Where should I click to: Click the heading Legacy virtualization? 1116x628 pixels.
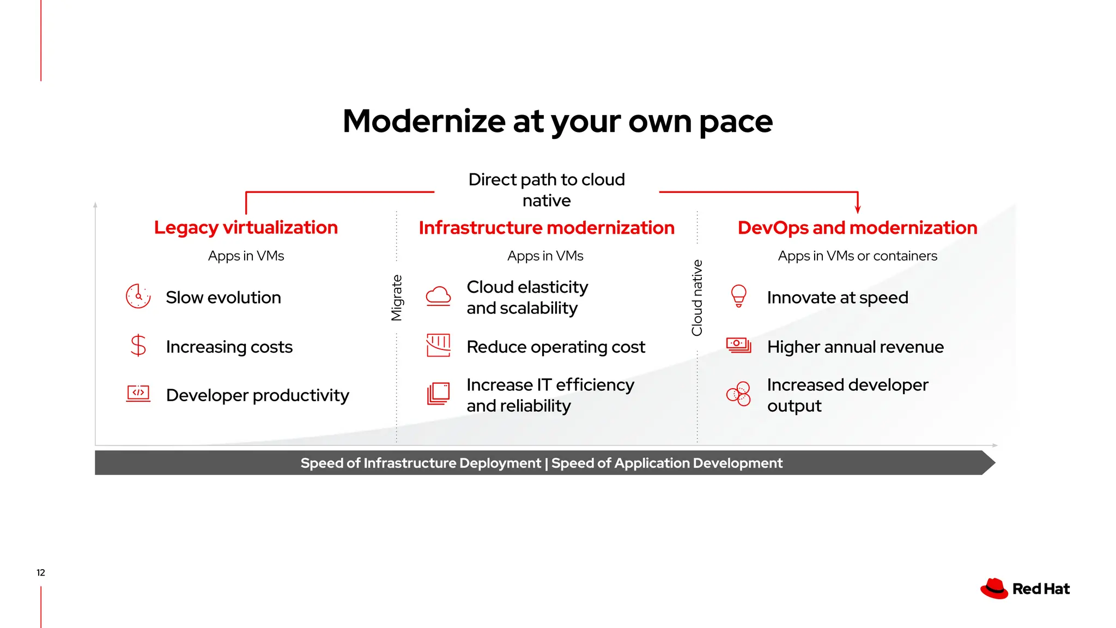click(246, 227)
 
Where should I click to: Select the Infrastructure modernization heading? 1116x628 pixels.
click(547, 228)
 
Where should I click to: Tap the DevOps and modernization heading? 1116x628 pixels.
click(857, 228)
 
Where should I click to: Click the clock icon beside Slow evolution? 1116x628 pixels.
click(138, 297)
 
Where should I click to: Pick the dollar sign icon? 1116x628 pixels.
click(138, 346)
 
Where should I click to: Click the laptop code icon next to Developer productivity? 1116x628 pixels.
click(138, 394)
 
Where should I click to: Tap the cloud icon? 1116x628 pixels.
click(438, 296)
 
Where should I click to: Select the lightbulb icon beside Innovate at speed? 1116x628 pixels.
click(738, 296)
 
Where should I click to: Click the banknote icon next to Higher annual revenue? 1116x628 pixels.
click(738, 345)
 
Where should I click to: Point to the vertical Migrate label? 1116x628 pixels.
click(397, 298)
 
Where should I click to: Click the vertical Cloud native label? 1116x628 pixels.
click(697, 298)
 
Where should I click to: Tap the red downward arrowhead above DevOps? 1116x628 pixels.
click(858, 210)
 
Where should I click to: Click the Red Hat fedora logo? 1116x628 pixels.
click(994, 589)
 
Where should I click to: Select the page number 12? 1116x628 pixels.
click(41, 572)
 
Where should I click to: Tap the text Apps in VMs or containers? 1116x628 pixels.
click(857, 256)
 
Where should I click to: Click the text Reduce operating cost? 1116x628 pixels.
click(555, 347)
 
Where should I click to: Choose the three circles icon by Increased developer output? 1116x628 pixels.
click(738, 394)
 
